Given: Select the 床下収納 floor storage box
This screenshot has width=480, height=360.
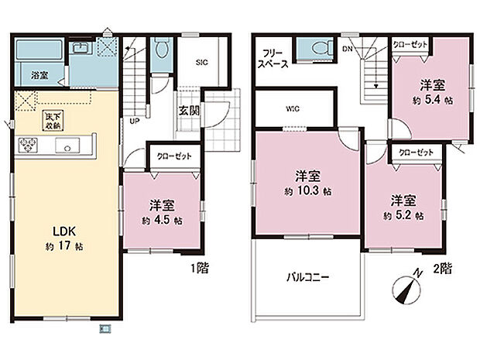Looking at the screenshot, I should [53, 122].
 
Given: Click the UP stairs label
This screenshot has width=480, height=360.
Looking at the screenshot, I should [135, 122].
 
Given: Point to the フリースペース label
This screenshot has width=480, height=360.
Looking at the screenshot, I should [274, 59].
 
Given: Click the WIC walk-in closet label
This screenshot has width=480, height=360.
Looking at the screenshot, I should [292, 108].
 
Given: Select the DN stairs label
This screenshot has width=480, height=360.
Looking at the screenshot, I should [348, 49].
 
